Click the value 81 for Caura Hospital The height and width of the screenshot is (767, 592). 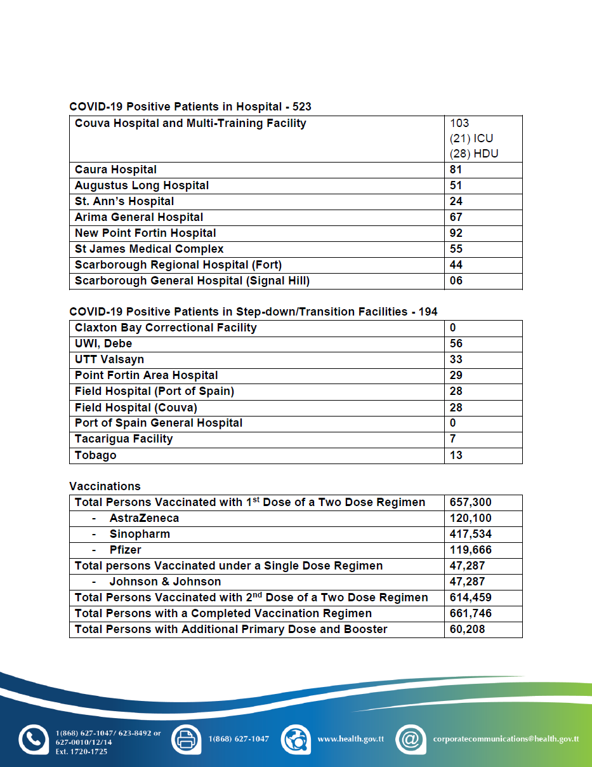pos(456,170)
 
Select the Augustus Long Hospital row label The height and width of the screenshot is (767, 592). pos(141,185)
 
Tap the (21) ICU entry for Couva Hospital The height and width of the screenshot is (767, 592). pos(471,138)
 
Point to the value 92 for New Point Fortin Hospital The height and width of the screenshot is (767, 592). pos(456,233)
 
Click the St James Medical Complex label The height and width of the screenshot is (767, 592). pos(149,249)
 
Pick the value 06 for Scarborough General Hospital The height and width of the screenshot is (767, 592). pos(456,281)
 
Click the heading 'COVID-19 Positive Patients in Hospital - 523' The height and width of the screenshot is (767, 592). pos(190,107)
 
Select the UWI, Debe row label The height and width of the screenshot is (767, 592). pos(103,343)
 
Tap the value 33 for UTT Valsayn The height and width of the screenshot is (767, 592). pos(456,359)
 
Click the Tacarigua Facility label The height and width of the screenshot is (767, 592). pos(124,439)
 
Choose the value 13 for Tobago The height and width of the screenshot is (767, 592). pos(456,455)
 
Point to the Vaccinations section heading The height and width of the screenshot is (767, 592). pos(105,486)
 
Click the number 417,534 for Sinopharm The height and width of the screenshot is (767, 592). pos(471,534)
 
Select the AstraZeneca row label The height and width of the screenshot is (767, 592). pos(144,518)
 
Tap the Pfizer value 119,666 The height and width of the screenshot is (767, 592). pos(471,550)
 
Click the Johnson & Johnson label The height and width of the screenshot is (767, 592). pos(165,582)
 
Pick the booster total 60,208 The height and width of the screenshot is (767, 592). pos(467,629)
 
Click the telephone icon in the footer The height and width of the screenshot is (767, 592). pos(33,739)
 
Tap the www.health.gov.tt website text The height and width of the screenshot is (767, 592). pos(350,739)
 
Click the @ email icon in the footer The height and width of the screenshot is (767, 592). pos(411,739)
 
